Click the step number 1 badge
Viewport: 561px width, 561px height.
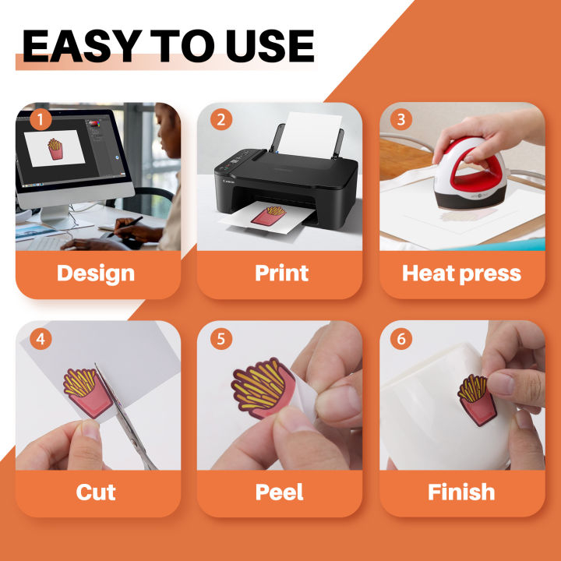tap(41, 119)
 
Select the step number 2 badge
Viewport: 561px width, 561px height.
tap(221, 119)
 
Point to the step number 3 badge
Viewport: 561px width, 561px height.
tap(401, 119)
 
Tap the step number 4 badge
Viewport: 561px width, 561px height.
tap(41, 339)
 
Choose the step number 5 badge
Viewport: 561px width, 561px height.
tap(221, 339)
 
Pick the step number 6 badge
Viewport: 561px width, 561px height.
tap(401, 339)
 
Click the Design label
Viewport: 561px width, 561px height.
tap(96, 273)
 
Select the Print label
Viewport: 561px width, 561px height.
tap(281, 273)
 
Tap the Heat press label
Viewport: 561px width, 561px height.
tap(461, 273)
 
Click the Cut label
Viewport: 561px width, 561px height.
tap(96, 492)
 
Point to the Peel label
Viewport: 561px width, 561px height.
tap(280, 492)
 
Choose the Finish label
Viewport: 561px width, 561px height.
tap(461, 492)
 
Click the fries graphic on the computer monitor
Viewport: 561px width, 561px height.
tap(55, 149)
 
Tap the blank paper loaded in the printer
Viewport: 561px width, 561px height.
tap(310, 135)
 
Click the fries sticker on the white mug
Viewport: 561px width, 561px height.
tap(478, 400)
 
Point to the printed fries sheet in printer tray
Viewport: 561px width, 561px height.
tap(267, 217)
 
